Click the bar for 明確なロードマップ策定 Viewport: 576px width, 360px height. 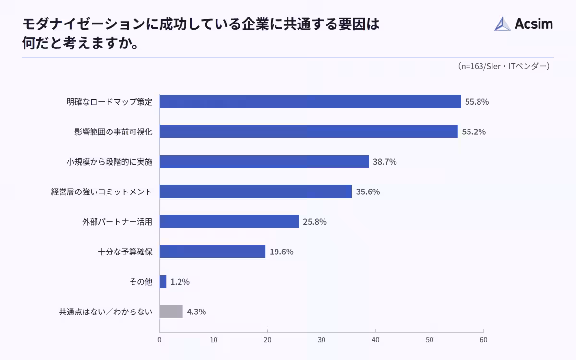310,101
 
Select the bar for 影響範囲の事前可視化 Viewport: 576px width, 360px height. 309,132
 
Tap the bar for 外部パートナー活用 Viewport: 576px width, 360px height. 229,221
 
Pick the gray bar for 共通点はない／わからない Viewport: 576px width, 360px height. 171,312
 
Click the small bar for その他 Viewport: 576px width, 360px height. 163,281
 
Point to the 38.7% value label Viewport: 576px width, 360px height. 384,162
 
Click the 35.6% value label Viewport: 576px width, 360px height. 368,192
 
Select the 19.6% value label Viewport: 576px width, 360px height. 281,252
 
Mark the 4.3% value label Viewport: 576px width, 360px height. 196,312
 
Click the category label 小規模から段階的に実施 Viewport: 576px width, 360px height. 109,162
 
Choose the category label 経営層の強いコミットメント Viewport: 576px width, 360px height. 102,192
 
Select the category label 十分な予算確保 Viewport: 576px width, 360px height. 125,252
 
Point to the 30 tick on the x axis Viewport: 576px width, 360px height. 322,340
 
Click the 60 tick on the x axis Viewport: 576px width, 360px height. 483,340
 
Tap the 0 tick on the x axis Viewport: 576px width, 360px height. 160,340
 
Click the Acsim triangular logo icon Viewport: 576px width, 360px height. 503,24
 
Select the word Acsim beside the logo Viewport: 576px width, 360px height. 534,24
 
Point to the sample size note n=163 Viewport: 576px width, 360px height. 504,66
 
